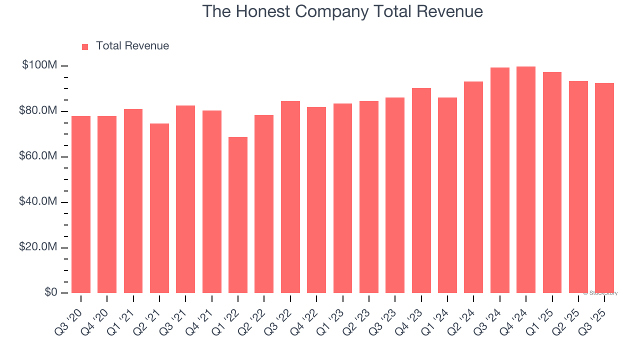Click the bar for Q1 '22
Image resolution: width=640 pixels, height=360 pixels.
238,215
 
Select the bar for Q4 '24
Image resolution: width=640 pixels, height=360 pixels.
526,180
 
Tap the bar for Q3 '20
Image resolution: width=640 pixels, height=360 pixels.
81,204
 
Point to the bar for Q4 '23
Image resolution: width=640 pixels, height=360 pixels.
421,190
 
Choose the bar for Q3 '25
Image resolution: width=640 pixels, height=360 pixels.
604,188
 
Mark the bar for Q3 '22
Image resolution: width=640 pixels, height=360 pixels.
290,197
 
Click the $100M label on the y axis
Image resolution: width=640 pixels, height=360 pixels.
39,65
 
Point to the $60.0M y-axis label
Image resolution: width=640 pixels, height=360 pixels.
38,156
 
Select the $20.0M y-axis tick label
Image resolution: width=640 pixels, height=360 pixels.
38,247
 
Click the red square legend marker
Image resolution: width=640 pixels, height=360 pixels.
85,46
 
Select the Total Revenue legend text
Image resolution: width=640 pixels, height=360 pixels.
132,46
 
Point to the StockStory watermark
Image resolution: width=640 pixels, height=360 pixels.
600,293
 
